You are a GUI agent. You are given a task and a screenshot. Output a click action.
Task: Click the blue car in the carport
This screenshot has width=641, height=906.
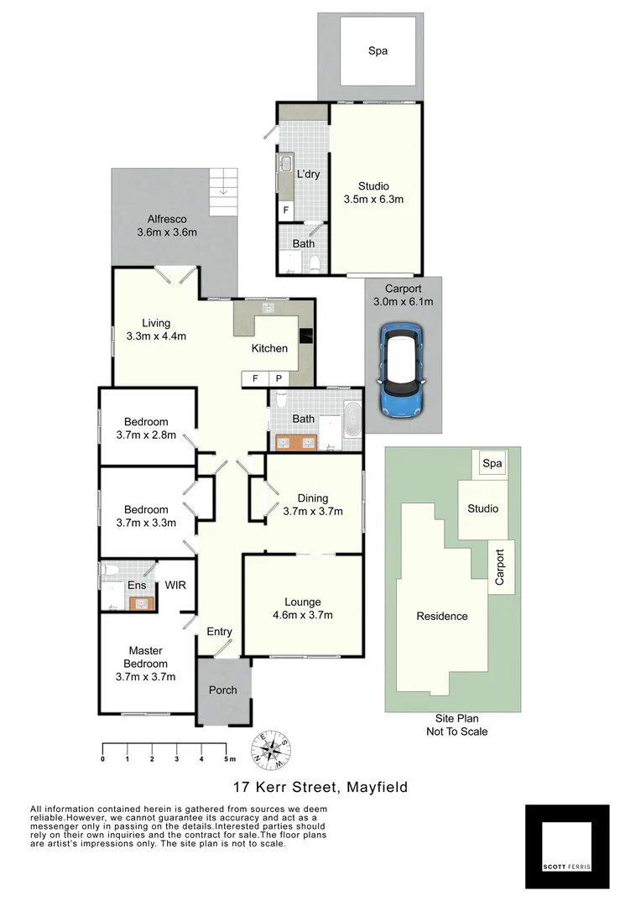click(x=402, y=370)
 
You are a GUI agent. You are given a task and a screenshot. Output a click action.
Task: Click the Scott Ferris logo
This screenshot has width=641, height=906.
click(x=566, y=846)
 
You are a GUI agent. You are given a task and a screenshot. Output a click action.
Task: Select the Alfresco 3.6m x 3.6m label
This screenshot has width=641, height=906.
click(x=166, y=225)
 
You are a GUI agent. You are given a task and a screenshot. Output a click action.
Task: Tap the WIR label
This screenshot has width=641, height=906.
click(x=175, y=585)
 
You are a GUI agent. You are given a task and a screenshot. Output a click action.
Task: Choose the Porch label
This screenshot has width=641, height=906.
click(x=222, y=690)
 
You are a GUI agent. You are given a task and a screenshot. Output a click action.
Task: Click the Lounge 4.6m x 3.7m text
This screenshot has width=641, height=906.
click(x=303, y=608)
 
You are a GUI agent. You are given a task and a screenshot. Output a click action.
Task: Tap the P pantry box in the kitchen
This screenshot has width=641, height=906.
click(x=278, y=379)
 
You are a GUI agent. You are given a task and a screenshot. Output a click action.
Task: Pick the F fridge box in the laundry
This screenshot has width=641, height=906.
click(x=286, y=210)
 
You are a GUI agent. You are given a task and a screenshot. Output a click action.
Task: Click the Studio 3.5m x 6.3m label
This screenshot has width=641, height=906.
click(x=374, y=193)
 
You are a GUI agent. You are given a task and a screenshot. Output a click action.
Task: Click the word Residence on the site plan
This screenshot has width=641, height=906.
click(x=442, y=616)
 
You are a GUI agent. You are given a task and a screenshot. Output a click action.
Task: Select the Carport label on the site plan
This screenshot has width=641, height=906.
click(x=501, y=568)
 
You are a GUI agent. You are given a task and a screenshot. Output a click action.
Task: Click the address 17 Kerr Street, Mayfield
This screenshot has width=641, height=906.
click(x=320, y=787)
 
